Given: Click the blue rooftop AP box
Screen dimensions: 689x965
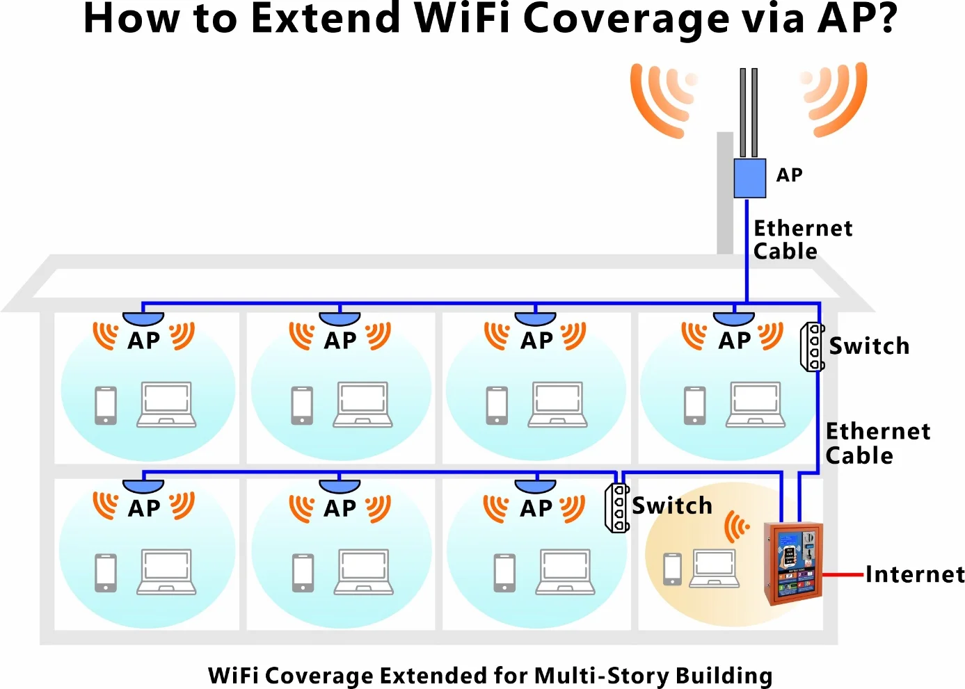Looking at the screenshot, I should (749, 178).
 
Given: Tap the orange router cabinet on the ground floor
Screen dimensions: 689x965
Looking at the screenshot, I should (793, 563).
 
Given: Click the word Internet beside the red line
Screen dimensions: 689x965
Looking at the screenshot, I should (915, 574).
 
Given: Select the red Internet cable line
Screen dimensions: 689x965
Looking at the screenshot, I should (843, 575).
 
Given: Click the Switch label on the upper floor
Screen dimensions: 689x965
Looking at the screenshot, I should (869, 346).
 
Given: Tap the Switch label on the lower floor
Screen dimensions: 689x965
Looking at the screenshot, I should (672, 505).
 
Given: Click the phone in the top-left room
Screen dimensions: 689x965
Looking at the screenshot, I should (106, 405).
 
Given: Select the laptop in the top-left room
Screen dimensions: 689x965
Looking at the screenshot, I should (166, 404).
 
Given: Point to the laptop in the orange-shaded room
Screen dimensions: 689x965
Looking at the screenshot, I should (714, 569).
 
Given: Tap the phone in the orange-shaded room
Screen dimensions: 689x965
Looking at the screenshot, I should (672, 569).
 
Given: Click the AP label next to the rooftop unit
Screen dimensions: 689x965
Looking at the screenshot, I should (789, 175).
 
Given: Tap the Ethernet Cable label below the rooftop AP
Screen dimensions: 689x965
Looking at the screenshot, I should (802, 239).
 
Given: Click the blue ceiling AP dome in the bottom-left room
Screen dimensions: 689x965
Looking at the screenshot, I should (143, 485).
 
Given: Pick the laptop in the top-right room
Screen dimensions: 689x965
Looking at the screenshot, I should (756, 404).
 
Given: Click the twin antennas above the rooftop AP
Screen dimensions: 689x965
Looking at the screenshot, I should (749, 112).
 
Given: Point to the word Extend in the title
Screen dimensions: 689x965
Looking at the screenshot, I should (325, 19).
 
